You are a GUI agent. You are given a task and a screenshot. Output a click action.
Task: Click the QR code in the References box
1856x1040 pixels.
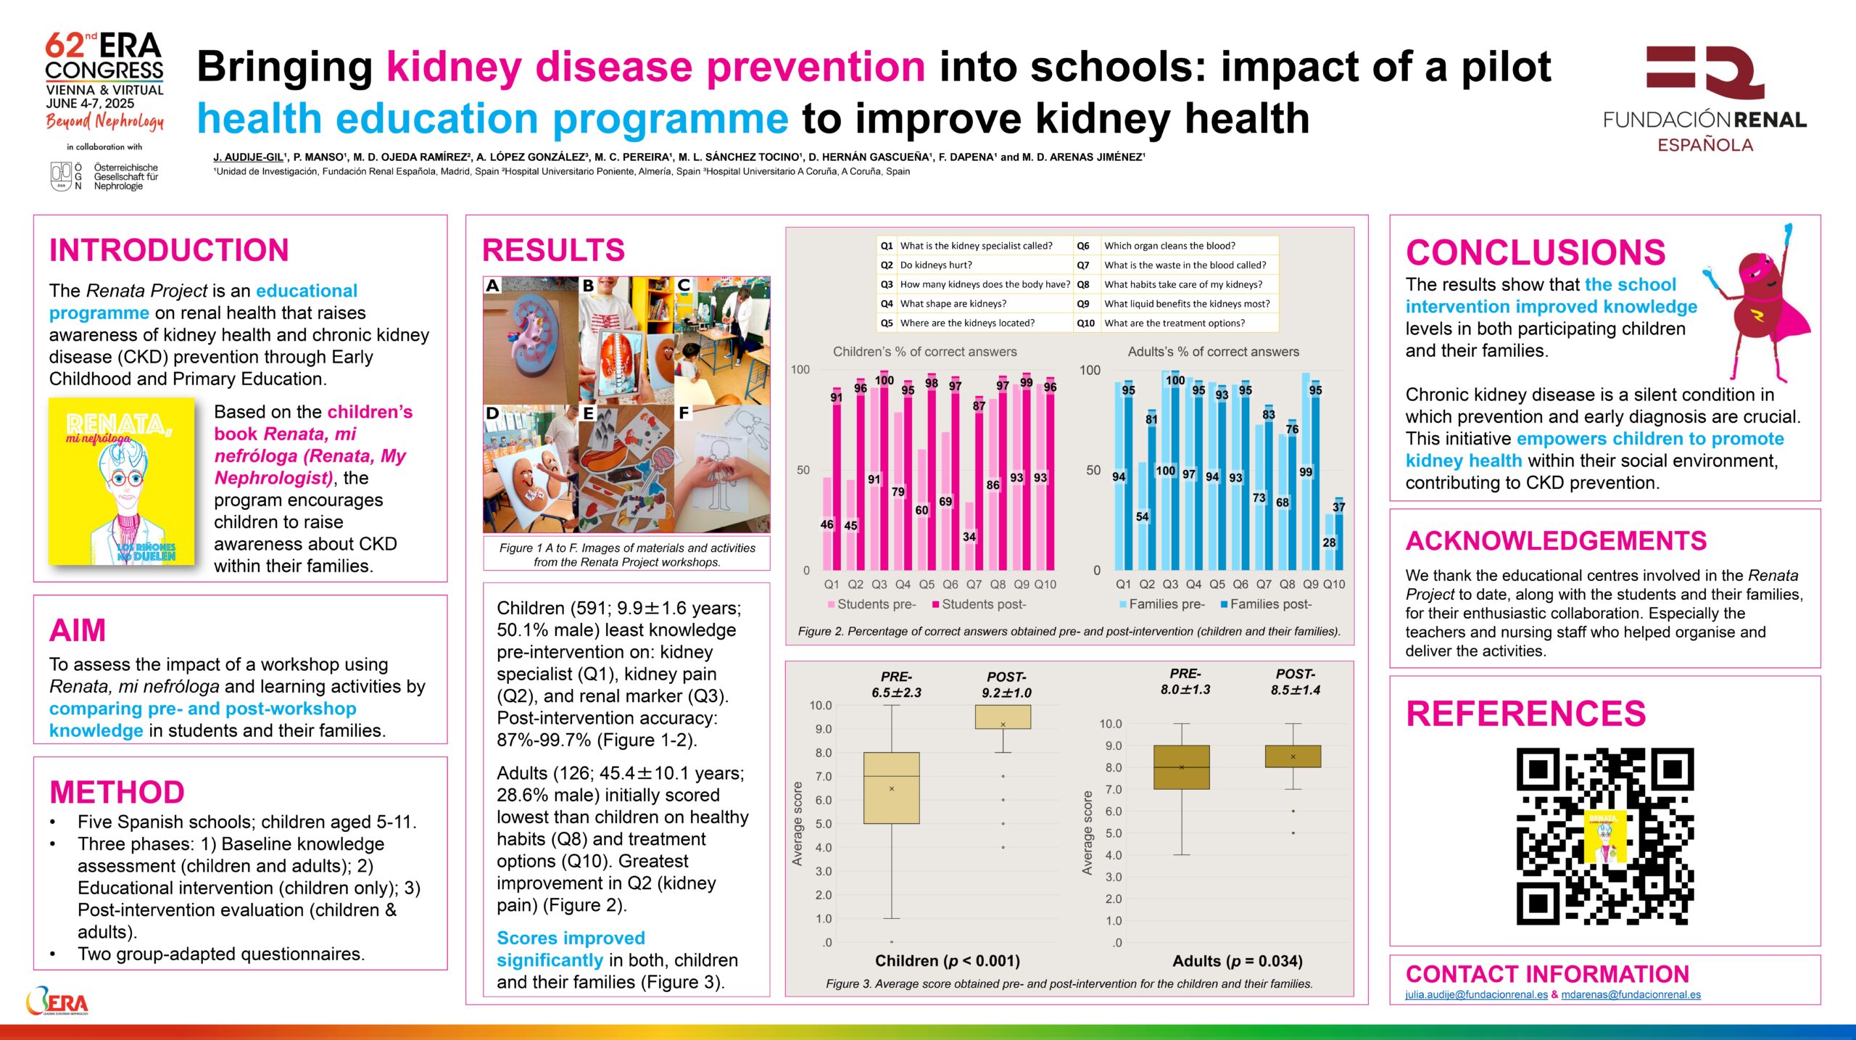pyautogui.click(x=1604, y=836)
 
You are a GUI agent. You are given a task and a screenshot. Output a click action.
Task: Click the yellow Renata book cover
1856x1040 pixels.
pyautogui.click(x=122, y=481)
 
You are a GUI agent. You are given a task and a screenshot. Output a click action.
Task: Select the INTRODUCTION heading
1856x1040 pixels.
pyautogui.click(x=169, y=250)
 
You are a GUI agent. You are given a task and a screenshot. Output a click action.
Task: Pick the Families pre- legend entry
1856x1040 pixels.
pyautogui.click(x=1161, y=604)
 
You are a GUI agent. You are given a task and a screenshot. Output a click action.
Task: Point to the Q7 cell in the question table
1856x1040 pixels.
pyautogui.click(x=1083, y=265)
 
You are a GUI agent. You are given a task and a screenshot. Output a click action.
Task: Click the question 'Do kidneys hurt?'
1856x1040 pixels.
pyautogui.click(x=936, y=265)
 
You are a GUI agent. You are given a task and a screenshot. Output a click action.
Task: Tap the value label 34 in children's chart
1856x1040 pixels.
pyautogui.click(x=969, y=537)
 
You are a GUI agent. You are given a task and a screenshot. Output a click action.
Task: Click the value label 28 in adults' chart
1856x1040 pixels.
pyautogui.click(x=1329, y=542)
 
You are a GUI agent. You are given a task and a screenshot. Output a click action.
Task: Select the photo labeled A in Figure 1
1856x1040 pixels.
pyautogui.click(x=531, y=339)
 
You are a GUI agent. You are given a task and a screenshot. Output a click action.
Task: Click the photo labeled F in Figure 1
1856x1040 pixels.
pyautogui.click(x=722, y=469)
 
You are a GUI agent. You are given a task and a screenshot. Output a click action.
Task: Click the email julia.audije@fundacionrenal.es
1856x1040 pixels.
pyautogui.click(x=1476, y=995)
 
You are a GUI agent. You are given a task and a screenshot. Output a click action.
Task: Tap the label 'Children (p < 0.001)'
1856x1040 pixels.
pyautogui.click(x=948, y=961)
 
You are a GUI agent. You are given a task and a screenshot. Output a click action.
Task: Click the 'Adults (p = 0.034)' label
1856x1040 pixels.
pyautogui.click(x=1238, y=961)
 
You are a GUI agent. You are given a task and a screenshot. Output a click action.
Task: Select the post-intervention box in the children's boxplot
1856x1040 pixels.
pyautogui.click(x=1003, y=717)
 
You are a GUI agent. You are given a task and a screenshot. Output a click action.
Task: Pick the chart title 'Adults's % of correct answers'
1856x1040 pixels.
pyautogui.click(x=1213, y=352)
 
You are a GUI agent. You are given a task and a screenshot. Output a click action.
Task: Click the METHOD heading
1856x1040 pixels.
pyautogui.click(x=117, y=792)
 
